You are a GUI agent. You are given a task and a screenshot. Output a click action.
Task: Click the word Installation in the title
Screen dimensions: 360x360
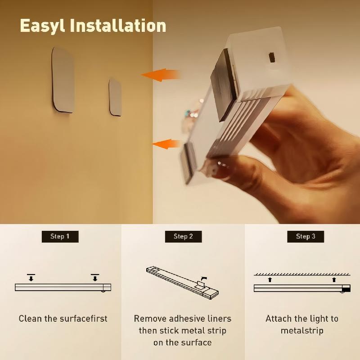pyautogui.click(x=121, y=25)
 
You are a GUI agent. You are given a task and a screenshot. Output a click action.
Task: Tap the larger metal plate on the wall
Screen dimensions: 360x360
pyautogui.click(x=63, y=80)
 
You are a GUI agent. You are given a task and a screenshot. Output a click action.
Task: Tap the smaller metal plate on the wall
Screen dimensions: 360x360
pyautogui.click(x=115, y=97)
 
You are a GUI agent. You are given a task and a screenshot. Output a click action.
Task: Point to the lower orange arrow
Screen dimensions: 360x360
pyautogui.click(x=166, y=144)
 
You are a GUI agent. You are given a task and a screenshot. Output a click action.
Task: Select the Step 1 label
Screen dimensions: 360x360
pyautogui.click(x=60, y=236)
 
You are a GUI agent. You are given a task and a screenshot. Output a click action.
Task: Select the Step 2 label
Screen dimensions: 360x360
pyautogui.click(x=183, y=236)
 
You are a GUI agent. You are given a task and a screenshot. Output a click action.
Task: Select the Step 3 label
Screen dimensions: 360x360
pyautogui.click(x=306, y=236)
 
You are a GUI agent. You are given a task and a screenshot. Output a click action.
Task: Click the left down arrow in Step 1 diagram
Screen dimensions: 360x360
pyautogui.click(x=31, y=277)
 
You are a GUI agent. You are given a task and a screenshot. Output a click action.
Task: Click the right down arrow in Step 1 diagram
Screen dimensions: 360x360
pyautogui.click(x=94, y=277)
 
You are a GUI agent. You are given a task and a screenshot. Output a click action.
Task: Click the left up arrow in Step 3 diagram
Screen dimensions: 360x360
pyautogui.click(x=270, y=279)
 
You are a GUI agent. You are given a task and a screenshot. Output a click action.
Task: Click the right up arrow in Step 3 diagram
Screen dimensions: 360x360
pyautogui.click(x=334, y=279)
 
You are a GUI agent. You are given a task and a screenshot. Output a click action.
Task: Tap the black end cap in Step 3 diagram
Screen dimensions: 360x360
pyautogui.click(x=346, y=288)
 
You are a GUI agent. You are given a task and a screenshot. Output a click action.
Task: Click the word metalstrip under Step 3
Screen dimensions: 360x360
pyautogui.click(x=302, y=331)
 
